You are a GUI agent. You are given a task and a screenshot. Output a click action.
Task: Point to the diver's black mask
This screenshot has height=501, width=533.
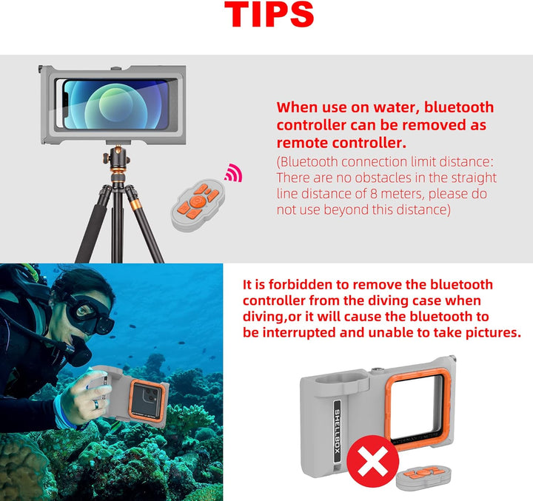click(x=90, y=314)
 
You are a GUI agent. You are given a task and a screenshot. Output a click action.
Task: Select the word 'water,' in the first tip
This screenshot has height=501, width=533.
click(x=398, y=108)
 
